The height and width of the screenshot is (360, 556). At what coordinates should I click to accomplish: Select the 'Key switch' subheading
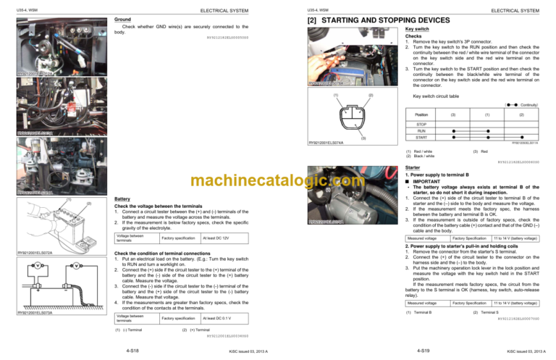(x=418, y=30)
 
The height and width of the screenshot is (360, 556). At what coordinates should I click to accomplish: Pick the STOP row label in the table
(x=421, y=124)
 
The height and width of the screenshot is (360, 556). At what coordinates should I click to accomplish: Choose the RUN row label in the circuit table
(x=421, y=131)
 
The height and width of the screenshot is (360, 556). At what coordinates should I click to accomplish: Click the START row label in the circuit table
(x=421, y=138)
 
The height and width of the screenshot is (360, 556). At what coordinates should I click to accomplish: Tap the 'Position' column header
(x=421, y=114)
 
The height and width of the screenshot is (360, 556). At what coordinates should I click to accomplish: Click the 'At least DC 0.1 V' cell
(x=216, y=318)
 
